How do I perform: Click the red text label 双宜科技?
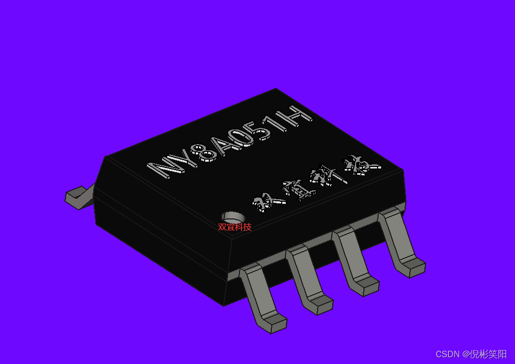(234, 227)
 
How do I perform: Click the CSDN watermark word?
(448, 354)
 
